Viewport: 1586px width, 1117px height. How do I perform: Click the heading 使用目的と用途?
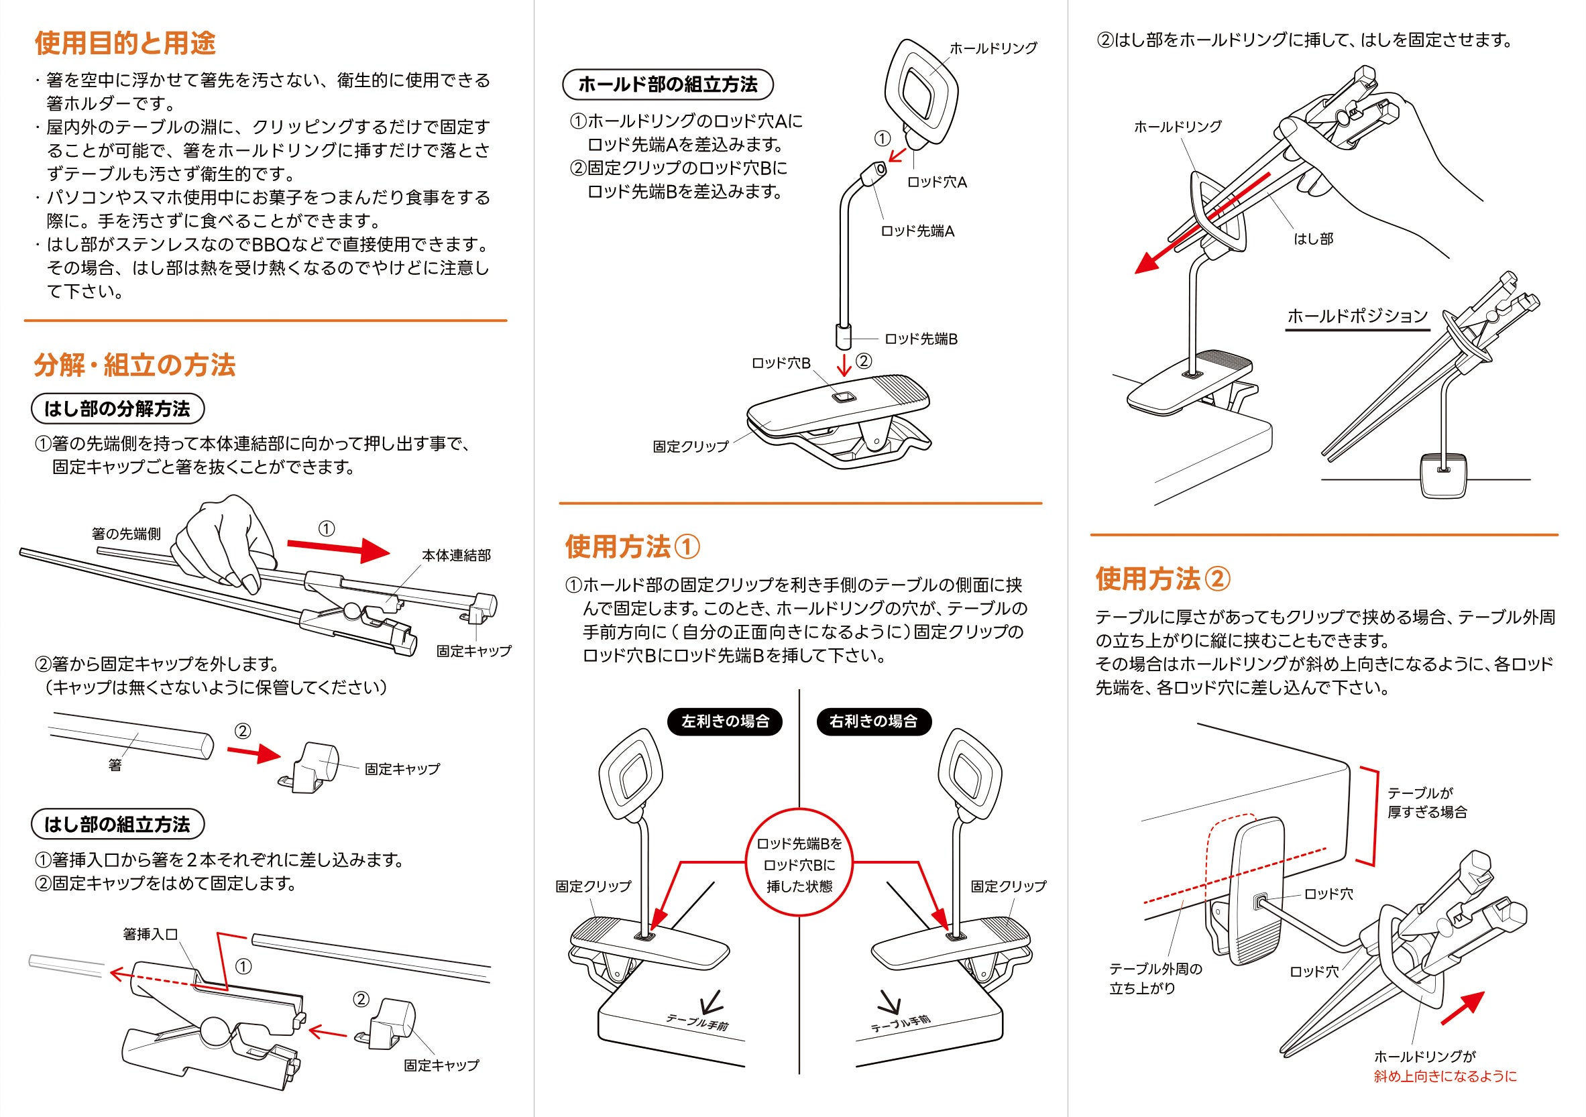click(x=125, y=44)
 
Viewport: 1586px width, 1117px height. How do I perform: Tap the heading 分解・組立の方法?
click(x=135, y=365)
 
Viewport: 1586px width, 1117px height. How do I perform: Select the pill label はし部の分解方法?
click(x=117, y=409)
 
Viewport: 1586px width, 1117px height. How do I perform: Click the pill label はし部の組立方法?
click(x=117, y=824)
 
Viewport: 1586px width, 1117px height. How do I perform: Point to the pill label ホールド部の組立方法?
click(x=667, y=85)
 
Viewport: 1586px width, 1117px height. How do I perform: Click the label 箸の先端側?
click(x=125, y=533)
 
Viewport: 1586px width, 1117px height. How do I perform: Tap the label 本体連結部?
click(x=456, y=555)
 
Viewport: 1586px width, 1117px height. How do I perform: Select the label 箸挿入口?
click(x=150, y=934)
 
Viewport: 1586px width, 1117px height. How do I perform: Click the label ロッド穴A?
click(x=937, y=182)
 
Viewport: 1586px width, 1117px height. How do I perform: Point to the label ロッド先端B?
click(x=921, y=339)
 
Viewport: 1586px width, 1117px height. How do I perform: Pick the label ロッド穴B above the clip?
click(x=781, y=363)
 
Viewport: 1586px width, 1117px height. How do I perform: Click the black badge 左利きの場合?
click(x=726, y=721)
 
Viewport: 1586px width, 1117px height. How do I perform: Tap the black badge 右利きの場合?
click(x=873, y=721)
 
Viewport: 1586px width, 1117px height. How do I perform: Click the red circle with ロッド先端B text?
click(x=799, y=864)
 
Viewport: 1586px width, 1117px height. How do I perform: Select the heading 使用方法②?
click(x=1164, y=579)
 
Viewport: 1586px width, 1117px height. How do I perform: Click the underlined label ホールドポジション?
click(x=1357, y=316)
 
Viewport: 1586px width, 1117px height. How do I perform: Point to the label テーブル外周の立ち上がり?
click(x=1155, y=978)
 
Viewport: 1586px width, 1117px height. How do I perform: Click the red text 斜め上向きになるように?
click(x=1445, y=1076)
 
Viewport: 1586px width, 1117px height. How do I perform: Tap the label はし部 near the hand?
click(x=1313, y=239)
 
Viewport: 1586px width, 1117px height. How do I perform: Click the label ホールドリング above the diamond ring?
click(x=993, y=48)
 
